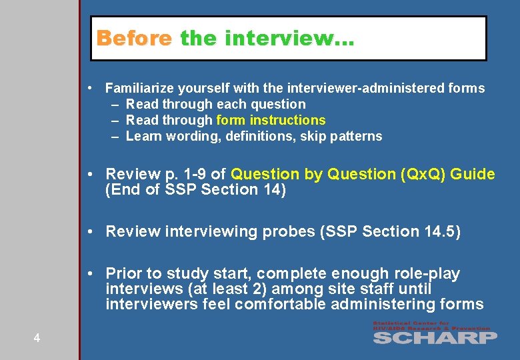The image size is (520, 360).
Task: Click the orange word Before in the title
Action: point(134,38)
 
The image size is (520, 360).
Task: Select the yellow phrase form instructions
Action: point(271,120)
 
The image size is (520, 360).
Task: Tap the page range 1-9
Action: point(193,174)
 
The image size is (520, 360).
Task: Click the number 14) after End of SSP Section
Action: point(273,190)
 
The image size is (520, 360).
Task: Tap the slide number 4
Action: point(37,338)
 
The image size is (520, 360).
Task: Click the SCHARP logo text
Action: point(434,337)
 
